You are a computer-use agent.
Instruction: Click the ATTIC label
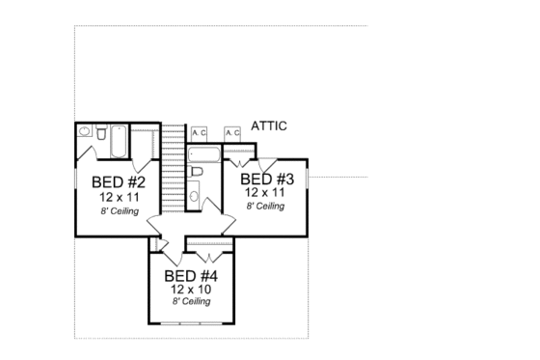click(x=269, y=125)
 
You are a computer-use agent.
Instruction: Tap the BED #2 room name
click(x=119, y=182)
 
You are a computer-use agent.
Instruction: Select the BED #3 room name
click(x=265, y=180)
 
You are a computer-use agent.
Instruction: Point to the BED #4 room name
click(x=191, y=276)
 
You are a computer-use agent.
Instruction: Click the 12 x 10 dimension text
click(x=191, y=289)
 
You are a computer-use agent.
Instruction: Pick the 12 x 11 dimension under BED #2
click(x=119, y=196)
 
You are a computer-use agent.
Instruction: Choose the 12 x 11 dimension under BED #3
click(x=265, y=192)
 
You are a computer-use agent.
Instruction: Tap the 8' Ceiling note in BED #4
click(x=191, y=301)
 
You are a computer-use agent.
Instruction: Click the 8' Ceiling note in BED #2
click(x=119, y=209)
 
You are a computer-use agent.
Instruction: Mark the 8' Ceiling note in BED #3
click(x=265, y=206)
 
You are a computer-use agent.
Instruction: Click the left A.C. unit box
click(x=200, y=132)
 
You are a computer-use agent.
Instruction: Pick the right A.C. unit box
click(x=232, y=132)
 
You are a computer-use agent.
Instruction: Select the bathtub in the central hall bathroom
click(x=203, y=154)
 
